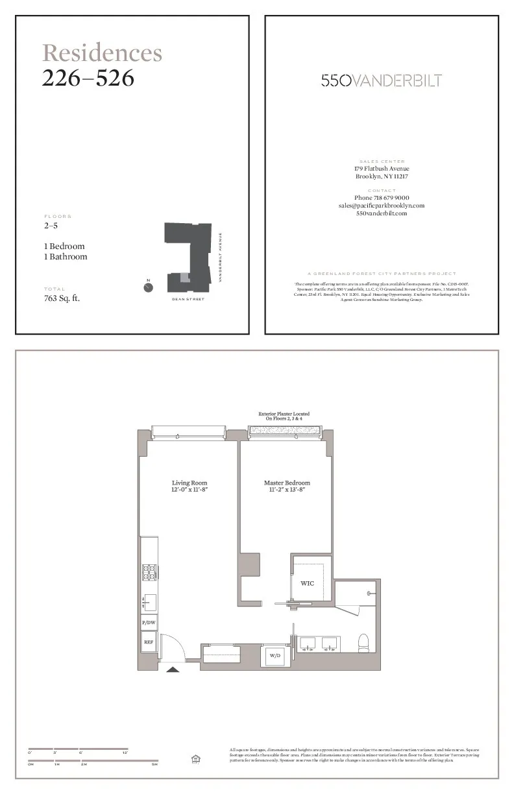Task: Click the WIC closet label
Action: (x=308, y=583)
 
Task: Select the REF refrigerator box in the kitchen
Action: (x=149, y=642)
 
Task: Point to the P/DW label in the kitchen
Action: (x=149, y=622)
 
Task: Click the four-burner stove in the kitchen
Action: (x=149, y=572)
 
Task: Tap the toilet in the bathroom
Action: (x=363, y=642)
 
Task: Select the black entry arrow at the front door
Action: (x=173, y=669)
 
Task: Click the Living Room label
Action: (x=190, y=483)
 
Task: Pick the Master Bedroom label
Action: (x=287, y=483)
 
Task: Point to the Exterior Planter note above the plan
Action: (x=284, y=416)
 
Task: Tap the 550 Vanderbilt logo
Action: (x=382, y=80)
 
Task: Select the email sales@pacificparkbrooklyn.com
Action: (x=381, y=206)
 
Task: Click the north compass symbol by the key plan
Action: (x=149, y=287)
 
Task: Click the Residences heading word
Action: (x=102, y=53)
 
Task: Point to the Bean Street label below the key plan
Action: (x=188, y=300)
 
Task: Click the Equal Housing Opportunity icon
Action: (x=195, y=759)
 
